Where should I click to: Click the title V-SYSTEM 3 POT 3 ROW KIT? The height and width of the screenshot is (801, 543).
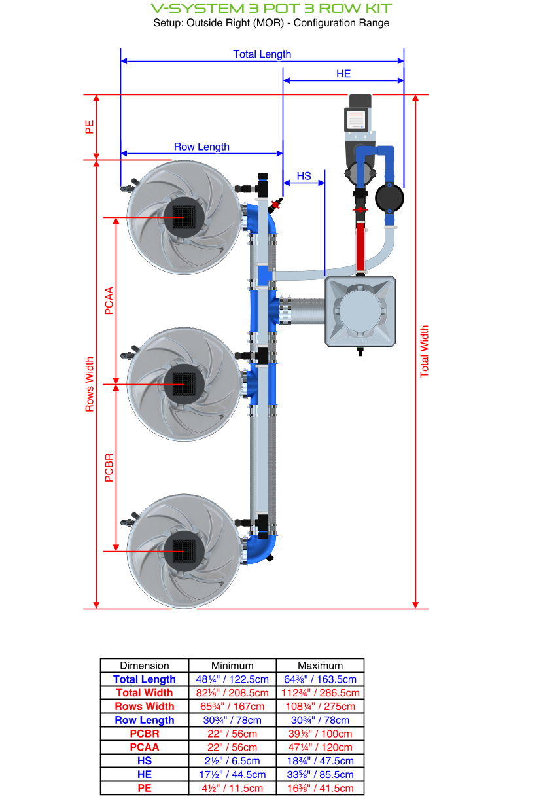point(271,9)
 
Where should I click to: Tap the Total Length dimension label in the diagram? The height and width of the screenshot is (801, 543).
point(262,54)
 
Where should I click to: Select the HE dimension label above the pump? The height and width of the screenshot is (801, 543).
point(343,74)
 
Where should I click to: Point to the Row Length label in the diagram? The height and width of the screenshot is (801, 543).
point(201,147)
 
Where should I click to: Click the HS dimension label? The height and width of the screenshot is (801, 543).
point(304,176)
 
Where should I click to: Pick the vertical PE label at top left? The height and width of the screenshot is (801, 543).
point(90,126)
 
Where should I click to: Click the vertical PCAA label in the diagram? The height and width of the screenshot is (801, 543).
point(109,300)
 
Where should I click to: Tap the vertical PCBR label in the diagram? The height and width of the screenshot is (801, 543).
point(109,467)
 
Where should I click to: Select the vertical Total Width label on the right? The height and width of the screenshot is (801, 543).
point(425,351)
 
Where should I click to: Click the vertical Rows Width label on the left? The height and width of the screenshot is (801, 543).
point(90,384)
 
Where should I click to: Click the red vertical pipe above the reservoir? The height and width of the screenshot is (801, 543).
point(360,245)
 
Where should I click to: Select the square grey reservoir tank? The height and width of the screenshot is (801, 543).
point(360,310)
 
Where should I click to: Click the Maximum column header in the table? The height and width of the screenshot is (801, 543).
point(320,666)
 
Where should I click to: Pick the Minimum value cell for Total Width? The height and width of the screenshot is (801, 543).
point(232,693)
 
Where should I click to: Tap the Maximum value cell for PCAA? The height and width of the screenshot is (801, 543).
point(320,747)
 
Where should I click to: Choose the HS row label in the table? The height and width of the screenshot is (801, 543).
point(145,761)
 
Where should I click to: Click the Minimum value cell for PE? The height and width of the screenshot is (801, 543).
point(232,788)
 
